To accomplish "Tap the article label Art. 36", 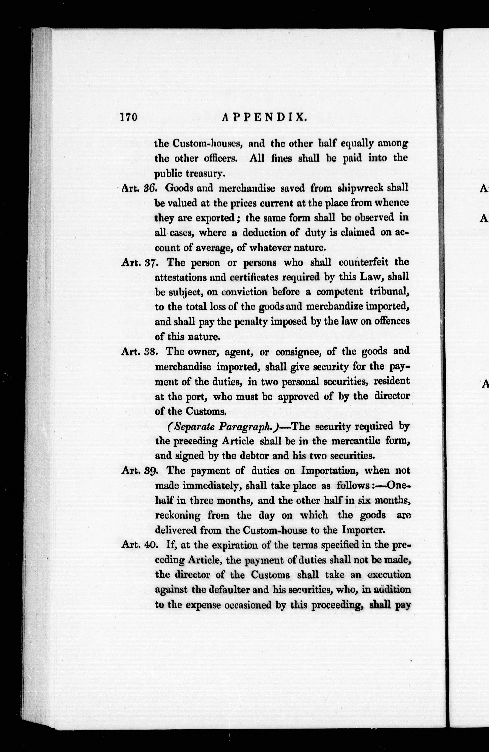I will pyautogui.click(x=139, y=188).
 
